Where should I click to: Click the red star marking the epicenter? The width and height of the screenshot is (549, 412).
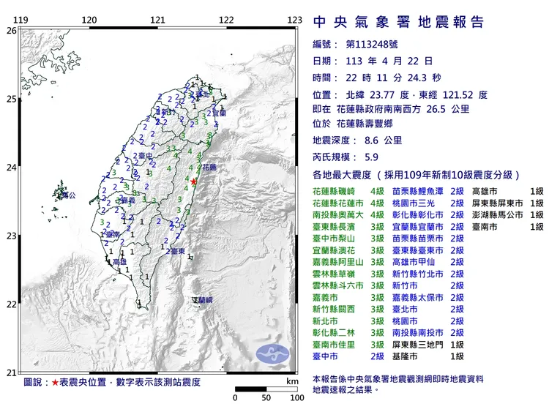point(194,181)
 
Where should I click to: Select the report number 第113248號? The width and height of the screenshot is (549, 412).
point(371,45)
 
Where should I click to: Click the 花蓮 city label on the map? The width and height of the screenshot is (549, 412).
point(209,167)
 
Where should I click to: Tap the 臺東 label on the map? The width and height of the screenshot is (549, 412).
point(176,251)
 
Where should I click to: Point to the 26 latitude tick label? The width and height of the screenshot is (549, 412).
point(11,31)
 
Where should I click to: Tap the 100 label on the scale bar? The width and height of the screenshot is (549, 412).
point(297,398)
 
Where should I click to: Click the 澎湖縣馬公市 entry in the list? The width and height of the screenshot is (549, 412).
point(494,214)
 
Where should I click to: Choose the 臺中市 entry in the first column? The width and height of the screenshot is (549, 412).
point(326,356)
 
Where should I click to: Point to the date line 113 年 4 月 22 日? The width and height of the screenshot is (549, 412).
point(380,61)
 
